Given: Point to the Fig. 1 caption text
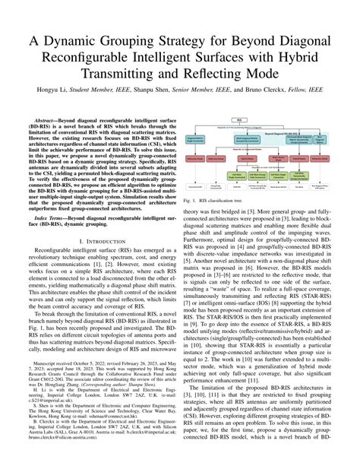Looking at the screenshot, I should pyautogui.click(x=223, y=199).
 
